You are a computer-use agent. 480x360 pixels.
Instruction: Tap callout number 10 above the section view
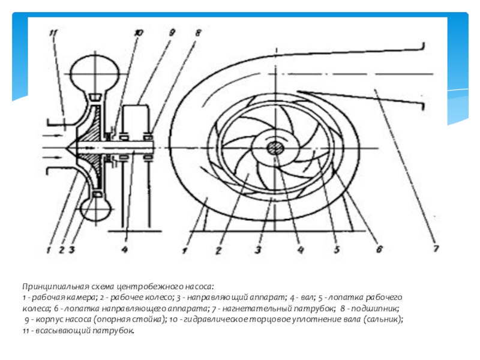(x=139, y=34)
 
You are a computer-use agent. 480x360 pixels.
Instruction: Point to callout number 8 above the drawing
(x=197, y=34)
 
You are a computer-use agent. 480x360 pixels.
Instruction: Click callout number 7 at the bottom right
(x=436, y=248)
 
